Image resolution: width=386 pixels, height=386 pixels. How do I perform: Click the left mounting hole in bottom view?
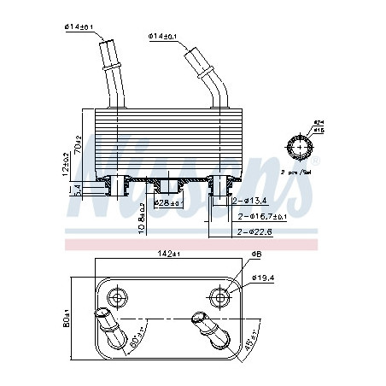point(116,296)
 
